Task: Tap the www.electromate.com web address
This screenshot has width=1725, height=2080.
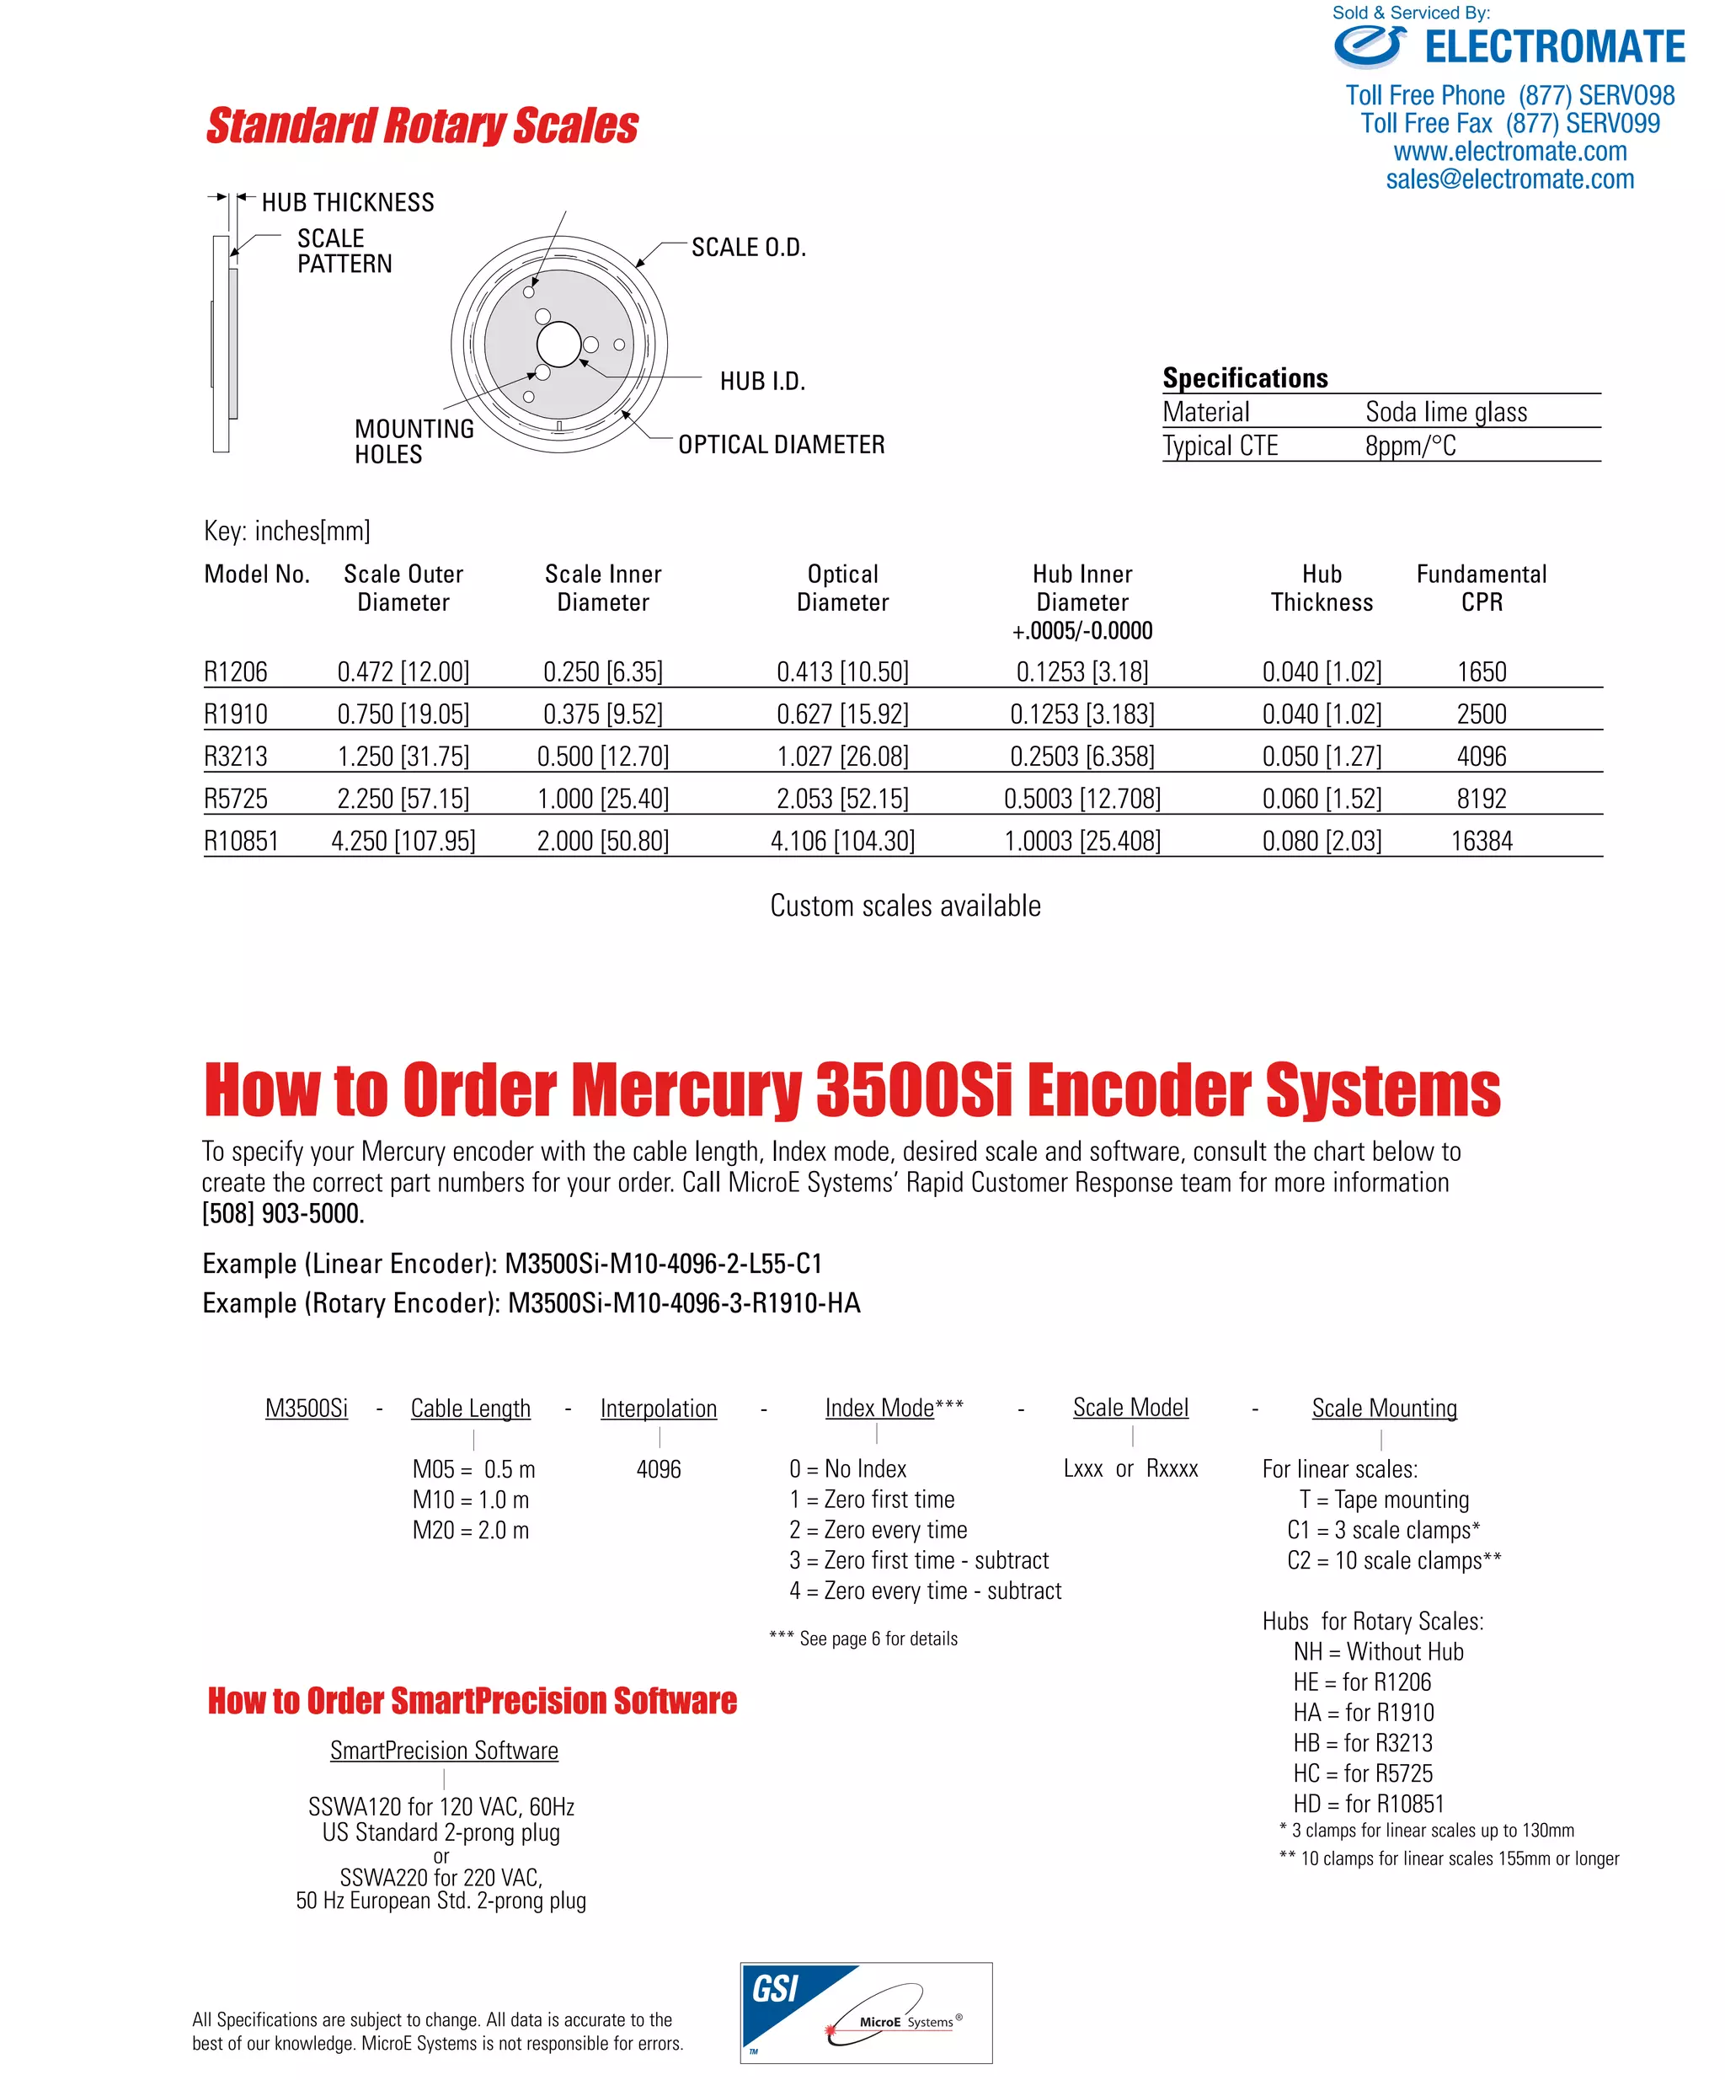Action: click(x=1509, y=152)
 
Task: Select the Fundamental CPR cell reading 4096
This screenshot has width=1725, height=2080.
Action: click(x=1481, y=757)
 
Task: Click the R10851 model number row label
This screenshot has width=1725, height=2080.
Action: click(x=241, y=841)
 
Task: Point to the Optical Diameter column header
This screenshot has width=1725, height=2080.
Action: click(x=841, y=588)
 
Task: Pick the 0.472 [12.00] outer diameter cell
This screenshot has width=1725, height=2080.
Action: click(x=403, y=672)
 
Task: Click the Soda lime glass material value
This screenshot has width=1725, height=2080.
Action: click(x=1445, y=412)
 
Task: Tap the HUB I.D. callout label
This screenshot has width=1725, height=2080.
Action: click(x=761, y=382)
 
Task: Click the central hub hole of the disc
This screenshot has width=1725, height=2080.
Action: click(x=558, y=345)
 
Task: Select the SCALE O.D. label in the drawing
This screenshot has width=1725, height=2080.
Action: click(x=748, y=248)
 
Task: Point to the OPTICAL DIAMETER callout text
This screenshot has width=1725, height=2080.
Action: click(x=780, y=445)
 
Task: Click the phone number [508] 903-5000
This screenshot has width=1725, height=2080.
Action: click(x=283, y=1213)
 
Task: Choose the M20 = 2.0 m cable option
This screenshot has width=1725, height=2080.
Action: click(x=470, y=1530)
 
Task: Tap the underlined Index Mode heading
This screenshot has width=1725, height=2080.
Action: click(x=879, y=1409)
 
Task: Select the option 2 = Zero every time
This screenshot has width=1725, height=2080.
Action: click(x=878, y=1530)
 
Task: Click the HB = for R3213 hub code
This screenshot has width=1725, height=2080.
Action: click(x=1362, y=1743)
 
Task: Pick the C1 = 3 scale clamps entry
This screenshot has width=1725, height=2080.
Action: click(x=1382, y=1530)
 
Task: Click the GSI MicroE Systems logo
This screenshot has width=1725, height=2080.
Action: click(x=866, y=2013)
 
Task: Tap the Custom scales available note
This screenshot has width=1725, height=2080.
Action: click(x=905, y=906)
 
